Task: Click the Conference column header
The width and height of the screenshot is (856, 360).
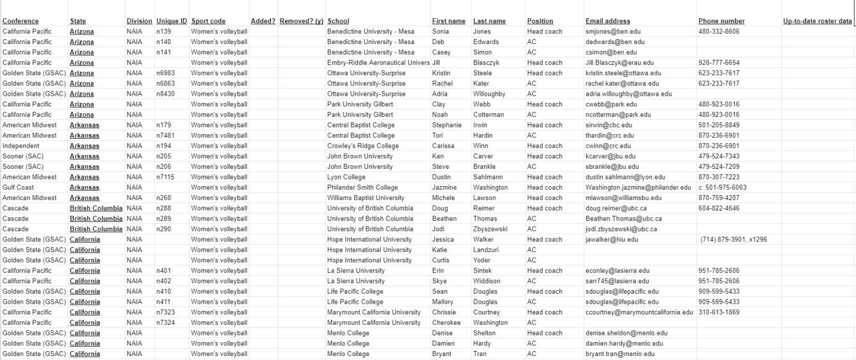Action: tap(21, 21)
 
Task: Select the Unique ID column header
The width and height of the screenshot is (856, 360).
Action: tap(172, 21)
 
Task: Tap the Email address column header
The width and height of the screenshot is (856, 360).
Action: tap(608, 21)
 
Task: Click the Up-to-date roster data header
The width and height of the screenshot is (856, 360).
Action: tap(817, 21)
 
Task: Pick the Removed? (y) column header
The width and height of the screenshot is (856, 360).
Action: tap(301, 21)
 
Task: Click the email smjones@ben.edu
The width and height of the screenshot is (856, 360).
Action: tap(612, 32)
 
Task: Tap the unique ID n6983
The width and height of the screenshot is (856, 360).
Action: tap(166, 73)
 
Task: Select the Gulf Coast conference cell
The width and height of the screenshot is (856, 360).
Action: tap(18, 188)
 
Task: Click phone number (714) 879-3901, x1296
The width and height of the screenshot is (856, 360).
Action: tap(735, 240)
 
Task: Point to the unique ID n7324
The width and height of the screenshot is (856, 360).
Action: tap(166, 323)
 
